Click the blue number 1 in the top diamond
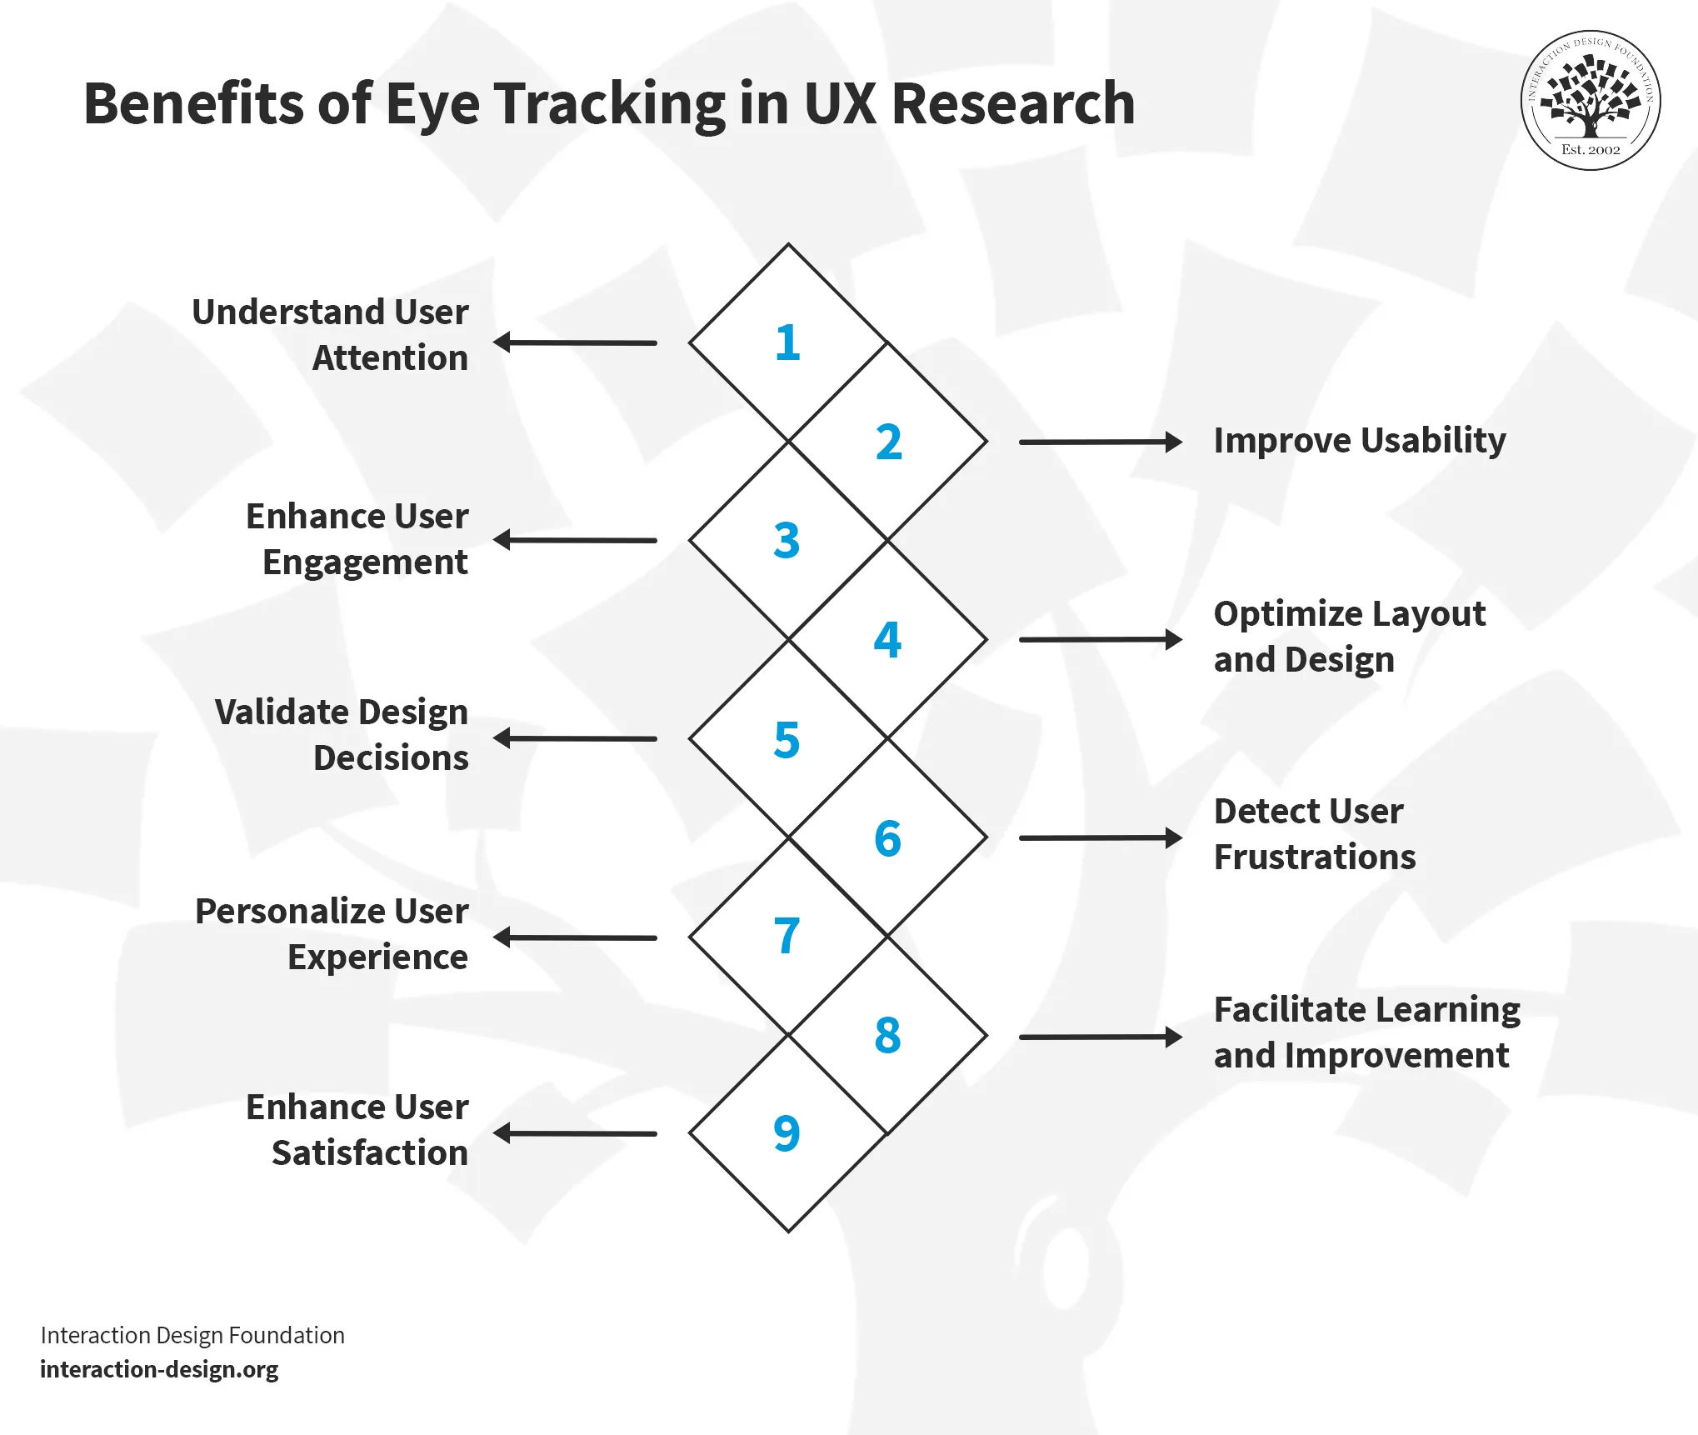787,342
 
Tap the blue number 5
787,739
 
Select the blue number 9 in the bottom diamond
787,1132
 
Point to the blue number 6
887,837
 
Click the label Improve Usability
1359,441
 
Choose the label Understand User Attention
331,334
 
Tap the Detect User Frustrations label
1314,833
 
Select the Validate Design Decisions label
342,734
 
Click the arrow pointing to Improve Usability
1100,442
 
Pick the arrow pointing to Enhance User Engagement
576,540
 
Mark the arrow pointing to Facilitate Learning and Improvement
1100,1037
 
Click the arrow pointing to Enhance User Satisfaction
576,1133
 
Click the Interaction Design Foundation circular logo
1590,101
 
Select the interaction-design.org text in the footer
159,1369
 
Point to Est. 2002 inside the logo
1591,150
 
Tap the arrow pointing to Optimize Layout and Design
1100,639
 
